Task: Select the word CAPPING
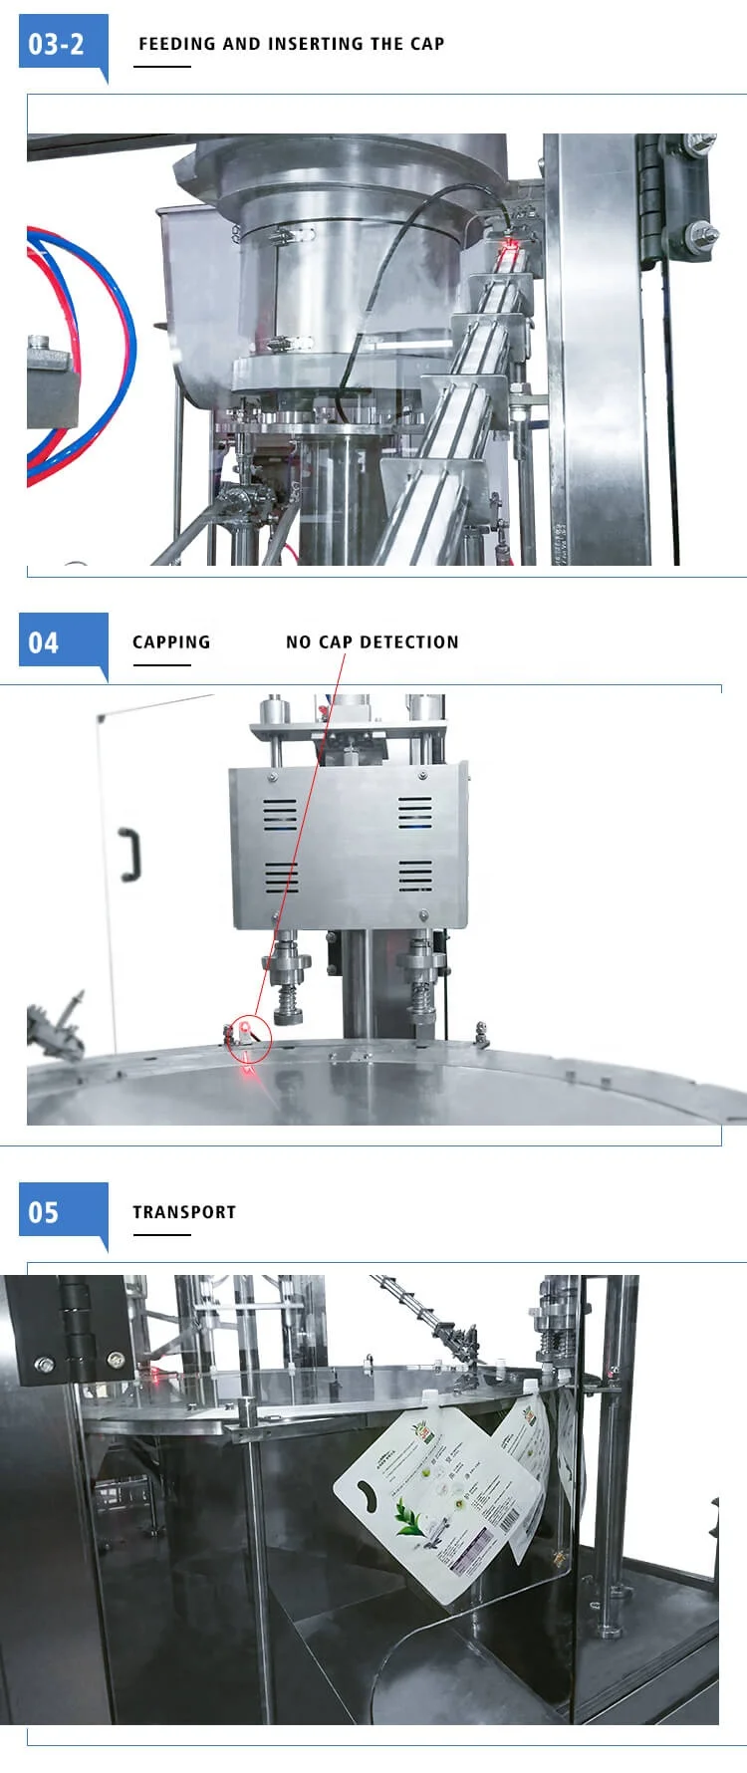coord(171,642)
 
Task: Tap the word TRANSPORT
coord(184,1212)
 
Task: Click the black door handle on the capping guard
coord(129,856)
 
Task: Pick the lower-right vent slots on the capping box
coord(415,877)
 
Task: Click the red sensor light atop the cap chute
coord(511,243)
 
